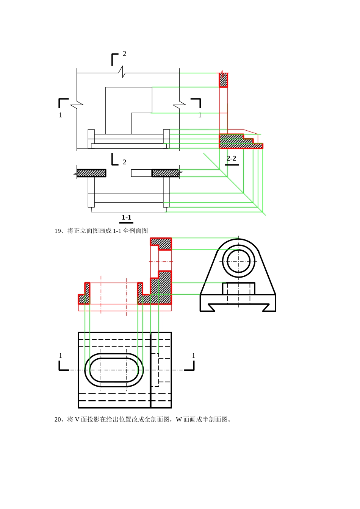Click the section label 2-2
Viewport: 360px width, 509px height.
(231, 158)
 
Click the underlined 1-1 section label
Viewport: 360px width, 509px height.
(127, 217)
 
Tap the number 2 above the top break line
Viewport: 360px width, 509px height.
(124, 54)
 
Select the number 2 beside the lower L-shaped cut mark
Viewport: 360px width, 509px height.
(124, 162)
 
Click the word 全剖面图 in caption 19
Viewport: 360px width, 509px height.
(135, 231)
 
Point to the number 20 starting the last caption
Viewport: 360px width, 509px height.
(58, 420)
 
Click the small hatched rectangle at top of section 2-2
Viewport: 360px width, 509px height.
(223, 80)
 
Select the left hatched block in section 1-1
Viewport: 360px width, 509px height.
(91, 173)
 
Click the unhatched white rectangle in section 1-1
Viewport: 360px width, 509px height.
(141, 173)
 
